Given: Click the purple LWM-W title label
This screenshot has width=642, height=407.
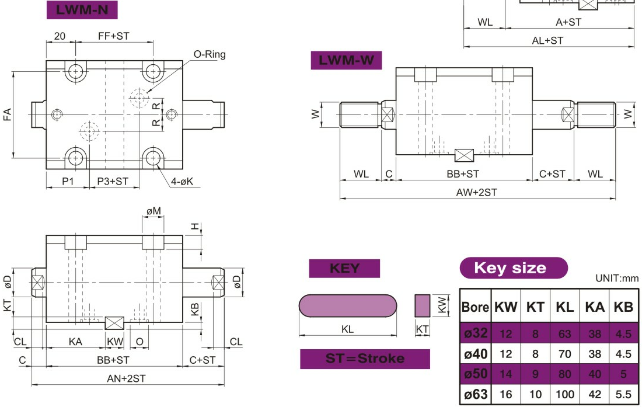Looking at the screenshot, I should tap(346, 60).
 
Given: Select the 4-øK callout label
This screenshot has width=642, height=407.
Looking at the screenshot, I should tap(182, 182).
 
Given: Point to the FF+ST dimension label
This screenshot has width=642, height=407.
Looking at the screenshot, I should tap(113, 36).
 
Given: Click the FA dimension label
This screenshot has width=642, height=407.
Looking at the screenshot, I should tap(8, 114).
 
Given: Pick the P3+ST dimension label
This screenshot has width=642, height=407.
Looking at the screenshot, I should tap(113, 182).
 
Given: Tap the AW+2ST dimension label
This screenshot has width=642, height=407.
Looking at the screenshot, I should tap(477, 192).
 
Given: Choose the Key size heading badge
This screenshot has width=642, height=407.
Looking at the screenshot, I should tap(513, 268).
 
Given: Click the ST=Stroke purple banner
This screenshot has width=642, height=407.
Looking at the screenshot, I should tap(365, 359).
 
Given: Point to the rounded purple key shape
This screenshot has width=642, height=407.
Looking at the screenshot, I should tap(348, 305).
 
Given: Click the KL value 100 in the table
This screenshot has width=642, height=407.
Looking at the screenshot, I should tap(564, 395).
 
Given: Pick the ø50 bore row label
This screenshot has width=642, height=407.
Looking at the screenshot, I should tap(476, 374).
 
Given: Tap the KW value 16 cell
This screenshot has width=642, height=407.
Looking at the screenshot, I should tap(505, 395).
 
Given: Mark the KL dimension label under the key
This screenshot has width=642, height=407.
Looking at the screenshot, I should tap(347, 329).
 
